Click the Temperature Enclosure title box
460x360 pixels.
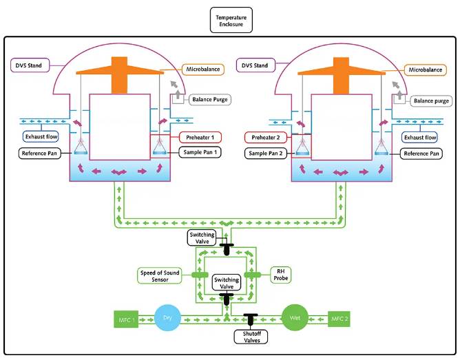[231, 21]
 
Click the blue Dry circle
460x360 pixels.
[167, 318]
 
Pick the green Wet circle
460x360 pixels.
[294, 318]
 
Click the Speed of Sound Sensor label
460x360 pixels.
[162, 277]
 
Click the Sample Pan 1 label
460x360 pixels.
[200, 151]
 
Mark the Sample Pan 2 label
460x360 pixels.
[265, 151]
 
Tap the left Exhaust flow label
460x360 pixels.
[41, 136]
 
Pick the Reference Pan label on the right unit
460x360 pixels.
[421, 153]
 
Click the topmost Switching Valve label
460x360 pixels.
[202, 238]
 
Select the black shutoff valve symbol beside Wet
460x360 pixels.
[250, 319]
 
